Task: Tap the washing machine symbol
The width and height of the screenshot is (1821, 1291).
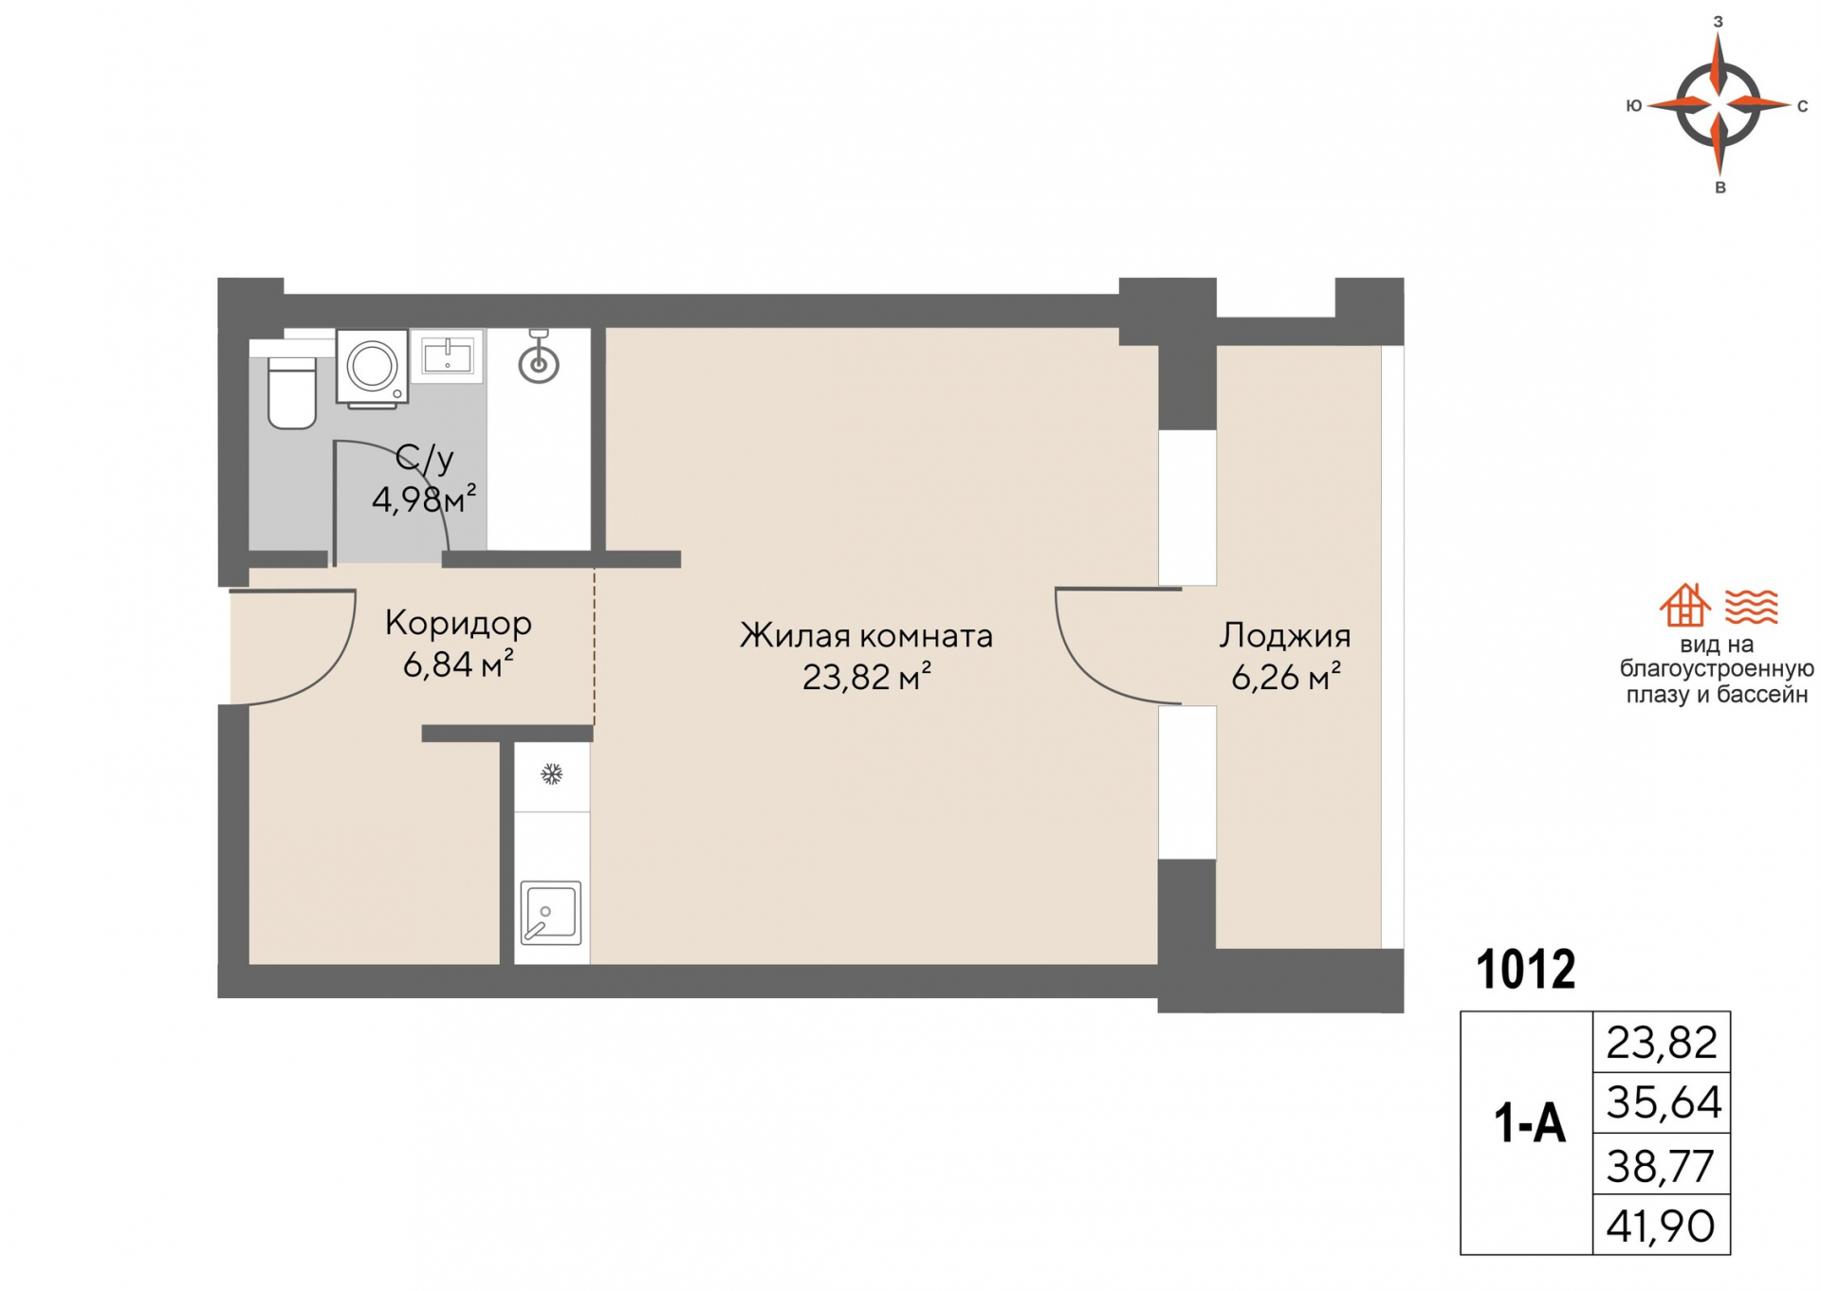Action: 372,367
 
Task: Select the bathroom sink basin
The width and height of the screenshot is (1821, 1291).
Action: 447,356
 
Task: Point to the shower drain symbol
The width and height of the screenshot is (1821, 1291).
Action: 539,364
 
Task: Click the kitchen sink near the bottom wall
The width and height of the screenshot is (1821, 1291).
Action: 550,913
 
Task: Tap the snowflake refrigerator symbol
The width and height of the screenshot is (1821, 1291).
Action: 551,774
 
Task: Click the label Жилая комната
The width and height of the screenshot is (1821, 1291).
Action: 866,636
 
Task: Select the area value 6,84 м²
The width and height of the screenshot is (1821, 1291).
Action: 458,664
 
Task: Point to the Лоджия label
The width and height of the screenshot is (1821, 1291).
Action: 1284,636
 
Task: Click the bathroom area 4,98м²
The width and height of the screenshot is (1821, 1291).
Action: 423,499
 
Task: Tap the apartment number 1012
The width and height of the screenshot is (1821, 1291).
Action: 1525,970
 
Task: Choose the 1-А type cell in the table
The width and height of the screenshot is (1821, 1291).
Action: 1528,1125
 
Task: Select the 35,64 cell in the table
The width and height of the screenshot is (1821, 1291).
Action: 1663,1102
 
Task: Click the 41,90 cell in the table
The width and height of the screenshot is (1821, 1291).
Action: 1661,1226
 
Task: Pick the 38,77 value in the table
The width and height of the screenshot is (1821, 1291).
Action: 1661,1166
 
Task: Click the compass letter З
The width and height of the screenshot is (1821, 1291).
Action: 1718,22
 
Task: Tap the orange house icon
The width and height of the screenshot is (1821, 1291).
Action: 1684,606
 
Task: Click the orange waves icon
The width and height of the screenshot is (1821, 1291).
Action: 1751,607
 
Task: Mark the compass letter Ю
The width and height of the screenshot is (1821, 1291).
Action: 1633,106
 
